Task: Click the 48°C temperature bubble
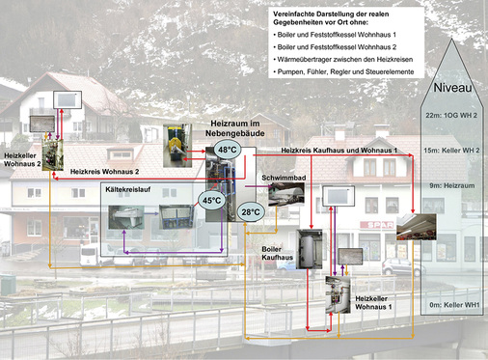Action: (227, 151)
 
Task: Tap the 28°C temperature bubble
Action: (251, 212)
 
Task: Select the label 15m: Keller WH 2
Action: (451, 151)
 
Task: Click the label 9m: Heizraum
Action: (451, 182)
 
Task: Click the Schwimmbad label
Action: (281, 179)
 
